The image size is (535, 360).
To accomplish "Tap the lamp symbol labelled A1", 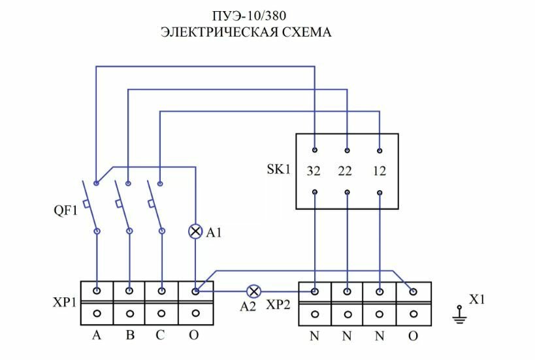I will click(195, 231).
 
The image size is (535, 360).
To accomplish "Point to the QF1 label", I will click(65, 211).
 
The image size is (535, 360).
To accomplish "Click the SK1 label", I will click(278, 170).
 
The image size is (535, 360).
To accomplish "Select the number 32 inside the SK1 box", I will click(314, 172).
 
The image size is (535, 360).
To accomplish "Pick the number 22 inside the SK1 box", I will click(346, 172).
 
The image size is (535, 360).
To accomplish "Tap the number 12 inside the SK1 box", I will click(379, 172).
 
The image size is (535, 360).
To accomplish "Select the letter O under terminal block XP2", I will click(413, 338).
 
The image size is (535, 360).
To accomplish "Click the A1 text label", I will click(214, 233).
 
